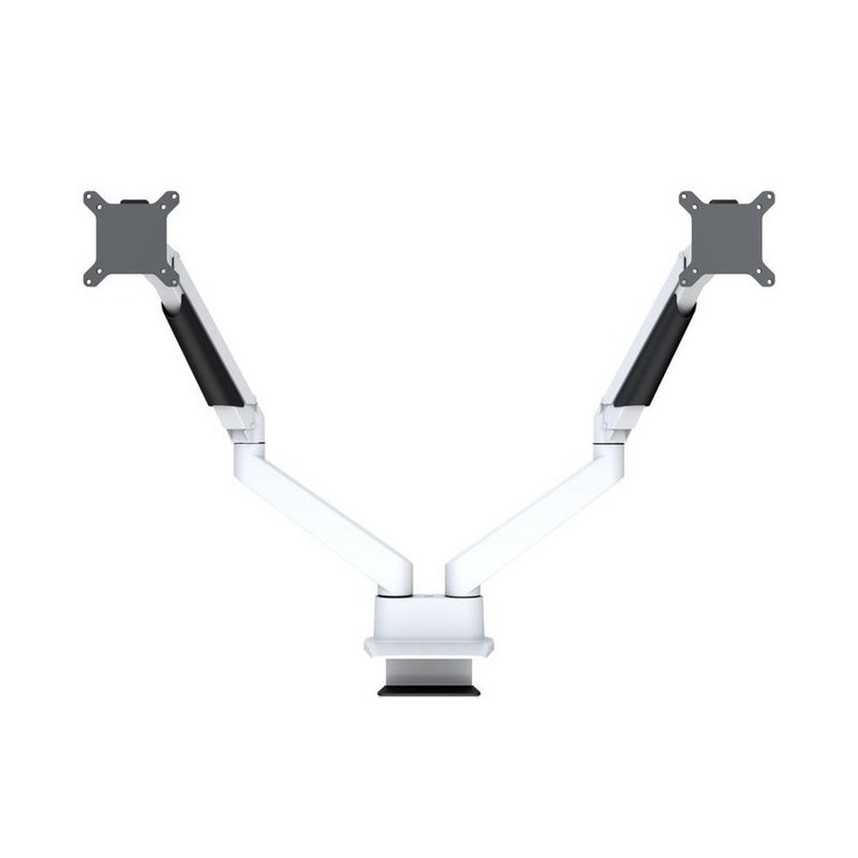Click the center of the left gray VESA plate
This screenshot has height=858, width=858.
[x=131, y=239]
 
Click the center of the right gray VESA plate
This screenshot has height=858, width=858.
[x=727, y=239]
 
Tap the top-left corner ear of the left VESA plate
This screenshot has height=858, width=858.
[x=91, y=200]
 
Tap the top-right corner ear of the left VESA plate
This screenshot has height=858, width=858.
[x=171, y=200]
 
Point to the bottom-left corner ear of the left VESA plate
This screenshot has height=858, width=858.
[x=91, y=278]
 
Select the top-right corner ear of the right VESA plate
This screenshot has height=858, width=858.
[x=767, y=200]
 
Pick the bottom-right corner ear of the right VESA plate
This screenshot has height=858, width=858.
[x=767, y=278]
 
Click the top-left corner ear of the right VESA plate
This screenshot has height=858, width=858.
[x=687, y=200]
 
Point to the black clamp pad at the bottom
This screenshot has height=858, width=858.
[x=429, y=691]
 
